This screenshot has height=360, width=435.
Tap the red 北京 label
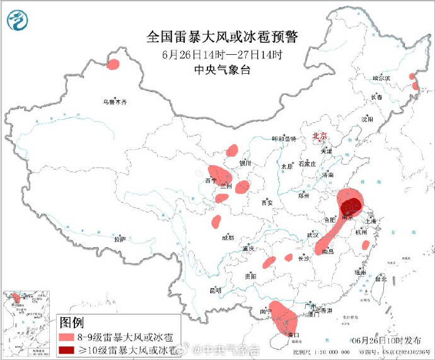pos(320,136)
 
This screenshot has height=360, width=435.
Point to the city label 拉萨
pos(120,240)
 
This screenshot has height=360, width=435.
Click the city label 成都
pos(228,238)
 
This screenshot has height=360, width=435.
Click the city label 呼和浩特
pos(284,139)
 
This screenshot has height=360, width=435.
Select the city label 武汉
pos(313,235)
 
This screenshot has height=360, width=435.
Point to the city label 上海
pos(370,221)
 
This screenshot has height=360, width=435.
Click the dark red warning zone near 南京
pos(351,206)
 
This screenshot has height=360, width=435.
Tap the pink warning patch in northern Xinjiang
pos(113,64)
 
